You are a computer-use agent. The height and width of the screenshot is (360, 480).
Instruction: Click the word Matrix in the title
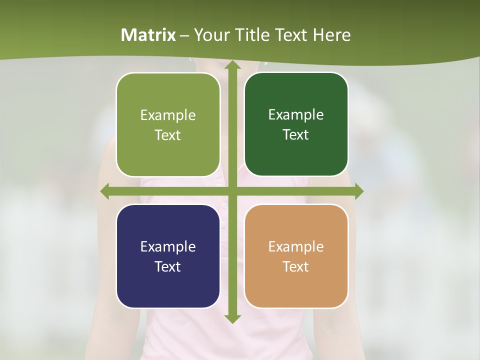coord(148,35)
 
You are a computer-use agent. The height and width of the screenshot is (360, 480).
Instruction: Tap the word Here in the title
coord(331,35)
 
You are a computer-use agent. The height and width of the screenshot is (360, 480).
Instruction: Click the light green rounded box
coord(168,125)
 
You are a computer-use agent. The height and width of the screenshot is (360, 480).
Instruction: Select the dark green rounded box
coord(296,124)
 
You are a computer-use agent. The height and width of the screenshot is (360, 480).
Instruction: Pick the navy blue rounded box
coord(168,256)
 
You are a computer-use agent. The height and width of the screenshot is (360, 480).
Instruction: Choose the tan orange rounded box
coord(296,256)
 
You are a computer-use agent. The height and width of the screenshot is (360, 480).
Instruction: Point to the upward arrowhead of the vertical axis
coord(231,66)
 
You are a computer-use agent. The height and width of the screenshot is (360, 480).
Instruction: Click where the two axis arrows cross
coord(231,191)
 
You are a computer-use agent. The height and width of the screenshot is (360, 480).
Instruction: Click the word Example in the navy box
coord(168,246)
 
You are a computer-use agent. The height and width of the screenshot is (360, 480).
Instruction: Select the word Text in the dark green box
coord(296,135)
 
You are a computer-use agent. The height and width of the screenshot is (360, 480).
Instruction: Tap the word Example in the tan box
coord(296,246)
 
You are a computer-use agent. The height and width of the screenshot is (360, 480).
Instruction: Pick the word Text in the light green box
coord(168,135)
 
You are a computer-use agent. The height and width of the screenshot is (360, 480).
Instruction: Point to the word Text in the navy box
coord(168,266)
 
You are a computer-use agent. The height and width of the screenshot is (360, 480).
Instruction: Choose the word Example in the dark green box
coord(296,115)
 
